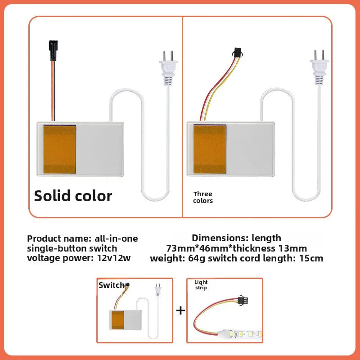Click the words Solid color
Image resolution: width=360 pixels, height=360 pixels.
(x=73, y=196)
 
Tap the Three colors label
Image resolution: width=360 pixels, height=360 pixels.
(x=202, y=197)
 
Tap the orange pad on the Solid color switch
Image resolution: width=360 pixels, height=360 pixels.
(x=59, y=149)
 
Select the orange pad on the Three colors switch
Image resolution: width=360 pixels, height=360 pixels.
(x=210, y=149)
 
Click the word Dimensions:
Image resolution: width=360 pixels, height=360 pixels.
(x=215, y=238)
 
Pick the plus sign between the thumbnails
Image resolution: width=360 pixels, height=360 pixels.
(x=180, y=310)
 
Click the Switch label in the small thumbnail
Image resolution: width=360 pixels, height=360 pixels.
(x=111, y=285)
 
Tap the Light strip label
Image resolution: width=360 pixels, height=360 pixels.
(x=201, y=285)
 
